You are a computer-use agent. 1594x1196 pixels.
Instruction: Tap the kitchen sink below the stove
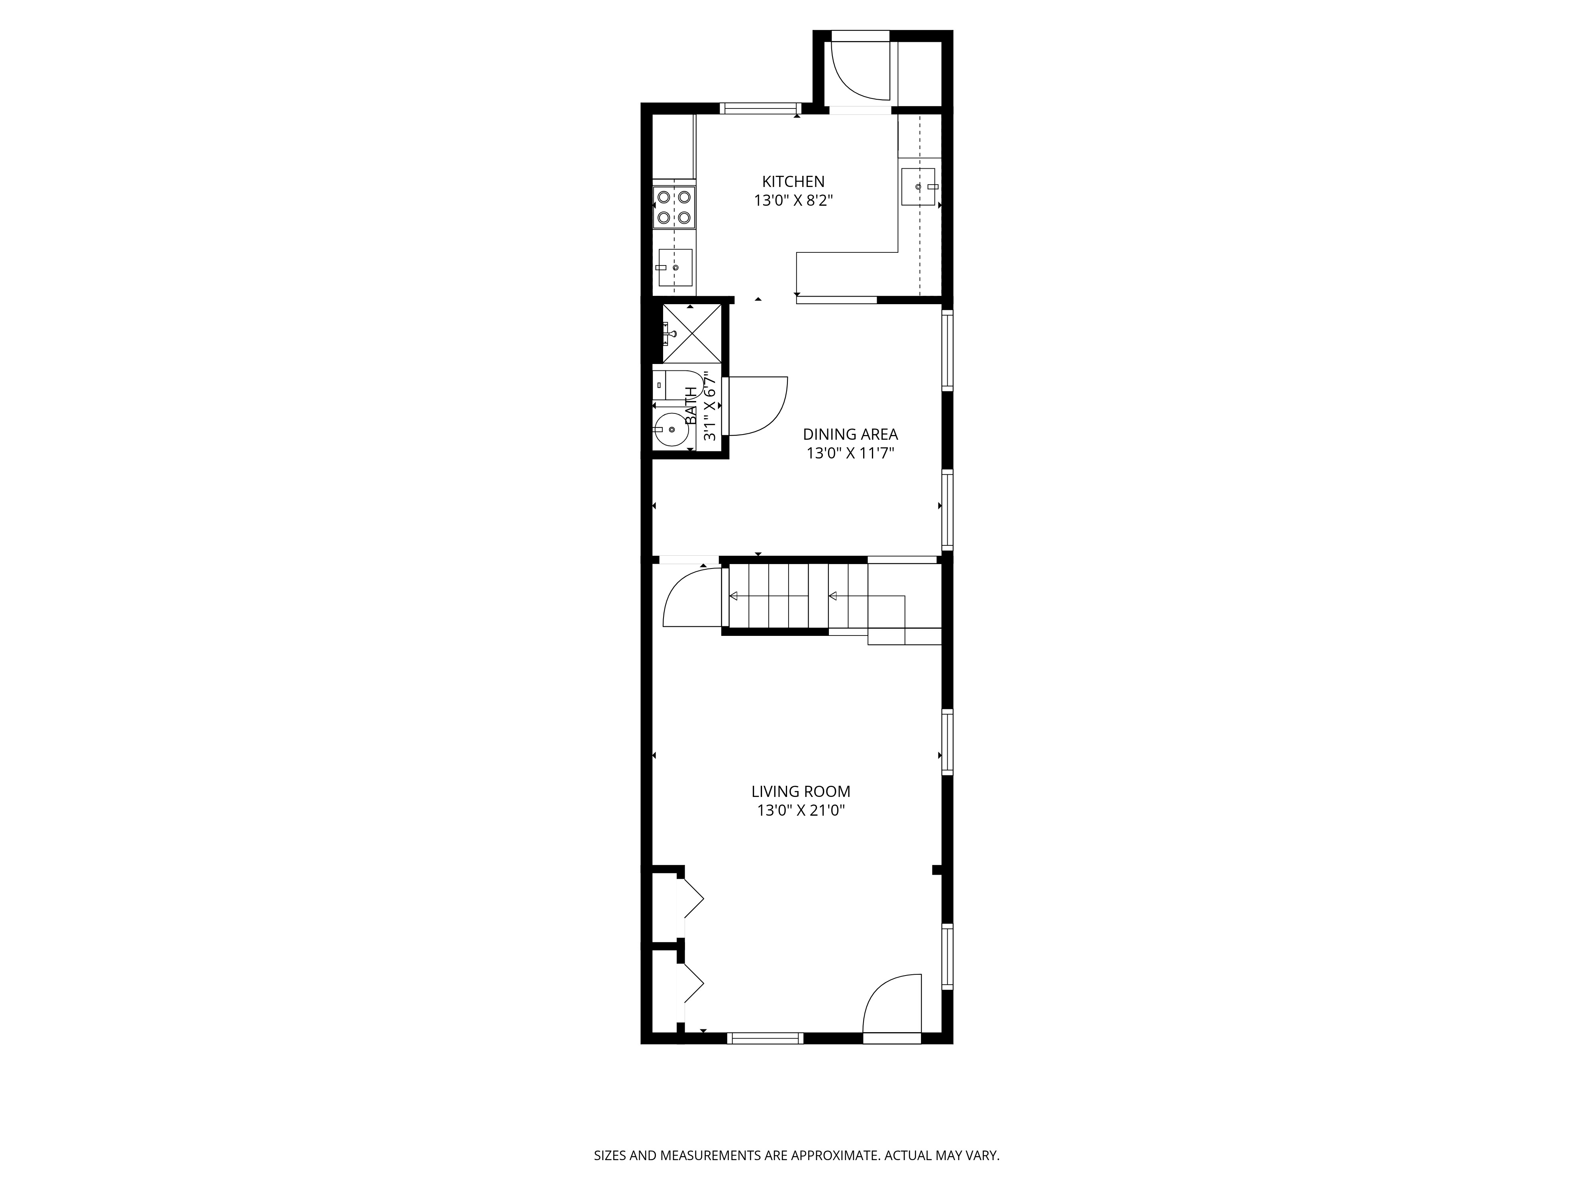[675, 268]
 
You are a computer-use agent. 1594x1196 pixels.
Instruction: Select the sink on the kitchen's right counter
[918, 187]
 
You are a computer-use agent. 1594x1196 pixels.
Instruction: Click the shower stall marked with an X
[691, 333]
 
